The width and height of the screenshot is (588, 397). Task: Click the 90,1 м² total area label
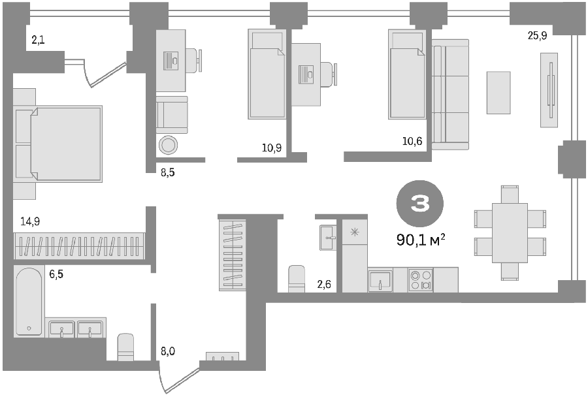[x=420, y=240]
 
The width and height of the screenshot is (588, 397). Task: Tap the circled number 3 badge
[x=420, y=204]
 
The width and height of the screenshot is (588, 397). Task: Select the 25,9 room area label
[x=538, y=36]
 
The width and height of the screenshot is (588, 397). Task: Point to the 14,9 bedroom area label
[x=30, y=221]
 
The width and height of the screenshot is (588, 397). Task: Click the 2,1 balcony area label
[x=38, y=40]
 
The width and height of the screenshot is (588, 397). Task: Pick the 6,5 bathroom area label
[x=56, y=274]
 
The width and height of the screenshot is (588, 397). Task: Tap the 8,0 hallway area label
[x=168, y=352]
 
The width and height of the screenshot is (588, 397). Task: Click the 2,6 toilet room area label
[x=324, y=285]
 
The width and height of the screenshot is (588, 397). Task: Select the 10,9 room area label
[x=272, y=148]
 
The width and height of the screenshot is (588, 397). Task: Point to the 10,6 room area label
[x=412, y=141]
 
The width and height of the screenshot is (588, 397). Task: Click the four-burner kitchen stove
[x=420, y=280]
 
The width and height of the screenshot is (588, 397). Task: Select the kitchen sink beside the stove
[x=380, y=280]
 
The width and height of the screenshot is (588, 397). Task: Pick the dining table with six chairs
[x=510, y=233]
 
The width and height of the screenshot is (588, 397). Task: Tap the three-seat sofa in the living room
[x=450, y=95]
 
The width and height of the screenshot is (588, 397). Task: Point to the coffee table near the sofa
[x=498, y=93]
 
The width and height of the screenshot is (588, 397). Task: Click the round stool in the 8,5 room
[x=169, y=145]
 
